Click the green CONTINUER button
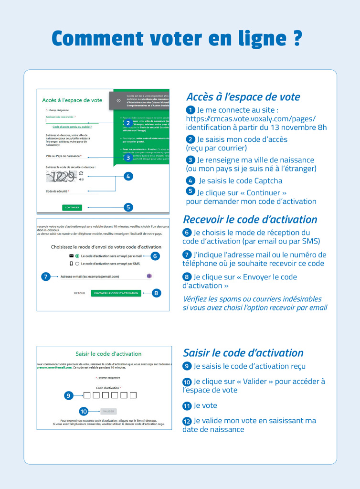[72, 207]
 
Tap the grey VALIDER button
[108, 411]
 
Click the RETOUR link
[79, 293]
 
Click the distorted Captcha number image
[61, 177]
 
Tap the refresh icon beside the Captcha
[81, 173]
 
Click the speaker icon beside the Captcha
[81, 180]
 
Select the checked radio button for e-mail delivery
[77, 256]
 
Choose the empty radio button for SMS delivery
[77, 263]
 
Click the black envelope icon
[71, 256]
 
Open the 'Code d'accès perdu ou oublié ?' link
[72, 127]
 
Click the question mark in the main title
[297, 39]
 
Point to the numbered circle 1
[191, 110]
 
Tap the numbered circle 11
[187, 406]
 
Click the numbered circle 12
[187, 421]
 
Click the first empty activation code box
[87, 395]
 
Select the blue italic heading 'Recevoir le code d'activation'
[250, 220]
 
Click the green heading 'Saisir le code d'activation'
[108, 354]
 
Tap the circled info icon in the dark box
[118, 100]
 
